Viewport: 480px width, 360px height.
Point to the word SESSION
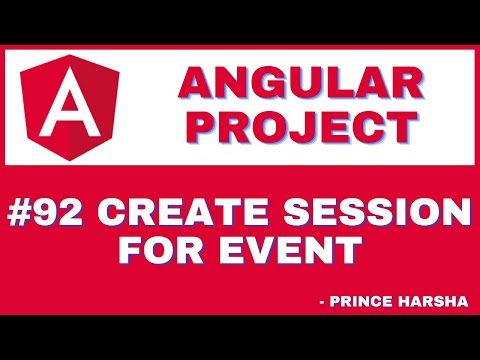(x=378, y=214)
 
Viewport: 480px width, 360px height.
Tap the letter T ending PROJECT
(x=400, y=127)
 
